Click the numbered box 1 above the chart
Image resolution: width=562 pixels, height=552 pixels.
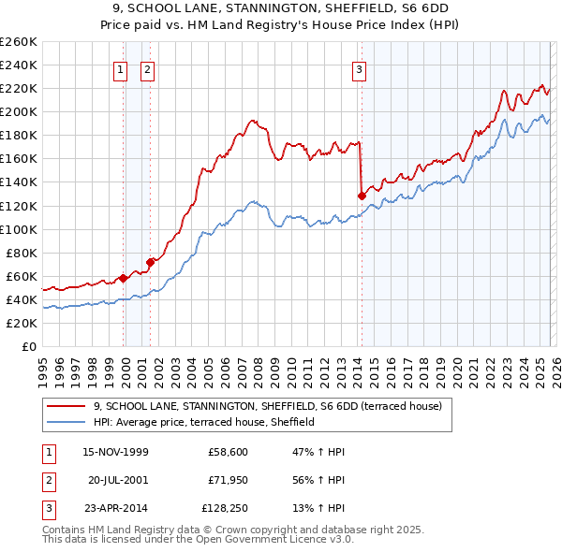tap(121, 68)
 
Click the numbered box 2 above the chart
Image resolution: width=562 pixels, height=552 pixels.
tap(147, 68)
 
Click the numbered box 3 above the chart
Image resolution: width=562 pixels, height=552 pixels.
tap(359, 68)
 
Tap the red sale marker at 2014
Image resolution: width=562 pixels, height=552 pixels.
tap(362, 196)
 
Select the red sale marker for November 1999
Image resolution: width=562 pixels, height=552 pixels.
tap(124, 277)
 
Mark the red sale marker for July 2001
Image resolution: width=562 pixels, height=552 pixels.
tap(151, 262)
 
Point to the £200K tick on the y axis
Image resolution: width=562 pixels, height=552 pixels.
tap(18, 111)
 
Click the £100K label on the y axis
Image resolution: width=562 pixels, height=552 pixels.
tap(18, 229)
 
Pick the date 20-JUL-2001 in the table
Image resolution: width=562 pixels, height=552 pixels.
tap(119, 480)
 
